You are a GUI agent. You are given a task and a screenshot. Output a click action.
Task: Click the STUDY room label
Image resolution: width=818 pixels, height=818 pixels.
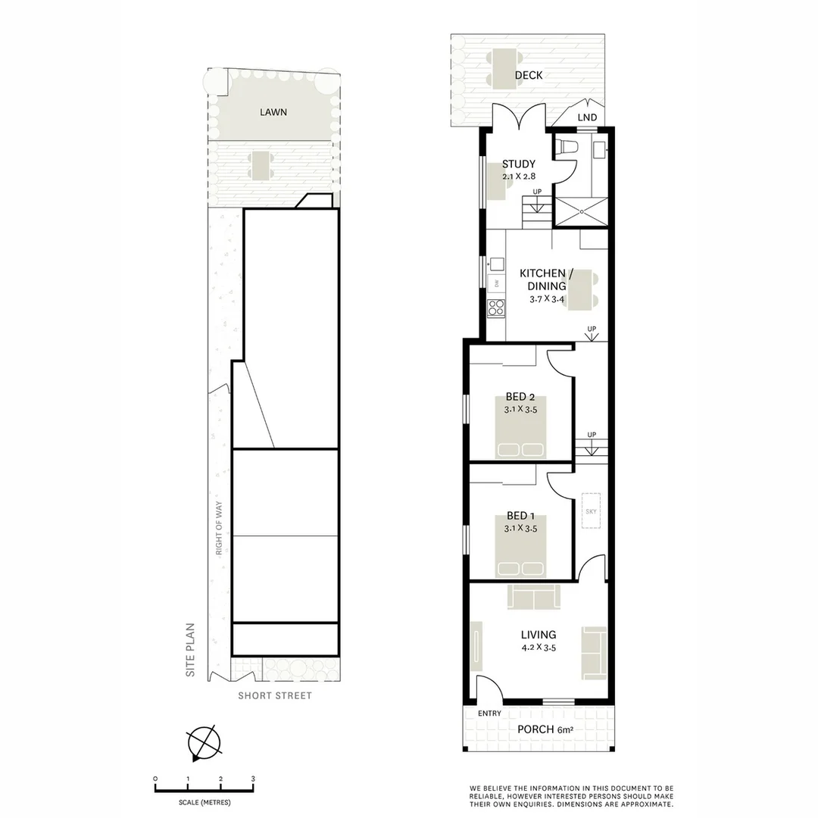click(x=519, y=164)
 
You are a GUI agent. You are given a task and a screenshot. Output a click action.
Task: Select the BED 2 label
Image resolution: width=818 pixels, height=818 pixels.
click(x=520, y=397)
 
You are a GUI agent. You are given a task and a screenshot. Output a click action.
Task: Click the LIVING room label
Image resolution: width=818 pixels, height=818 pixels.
click(x=539, y=635)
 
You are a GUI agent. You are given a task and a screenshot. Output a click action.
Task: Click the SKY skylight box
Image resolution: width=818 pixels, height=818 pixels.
click(x=591, y=511)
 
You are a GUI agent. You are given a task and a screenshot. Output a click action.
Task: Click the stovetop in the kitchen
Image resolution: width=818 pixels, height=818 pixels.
click(x=496, y=308)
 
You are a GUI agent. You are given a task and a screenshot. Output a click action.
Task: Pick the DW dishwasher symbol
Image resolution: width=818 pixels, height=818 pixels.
click(x=496, y=283)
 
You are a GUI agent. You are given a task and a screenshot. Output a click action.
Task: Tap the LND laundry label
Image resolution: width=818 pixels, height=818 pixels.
click(x=587, y=117)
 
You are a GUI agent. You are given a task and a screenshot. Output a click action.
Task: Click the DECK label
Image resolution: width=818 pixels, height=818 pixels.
click(x=529, y=76)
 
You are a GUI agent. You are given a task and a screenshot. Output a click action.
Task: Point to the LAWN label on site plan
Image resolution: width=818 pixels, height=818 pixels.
click(x=273, y=112)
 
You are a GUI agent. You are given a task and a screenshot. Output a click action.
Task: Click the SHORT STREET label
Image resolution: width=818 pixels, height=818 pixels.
click(x=274, y=695)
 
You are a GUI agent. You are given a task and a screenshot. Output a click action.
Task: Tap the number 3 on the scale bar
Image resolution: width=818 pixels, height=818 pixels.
click(x=253, y=779)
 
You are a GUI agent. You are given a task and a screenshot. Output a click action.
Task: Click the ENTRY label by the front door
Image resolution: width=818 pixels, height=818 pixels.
click(x=490, y=713)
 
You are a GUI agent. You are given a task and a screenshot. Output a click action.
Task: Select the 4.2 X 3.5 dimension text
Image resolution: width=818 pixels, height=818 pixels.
click(x=538, y=648)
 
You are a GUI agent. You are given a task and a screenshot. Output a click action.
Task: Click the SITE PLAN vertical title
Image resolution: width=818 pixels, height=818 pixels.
click(x=192, y=649)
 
